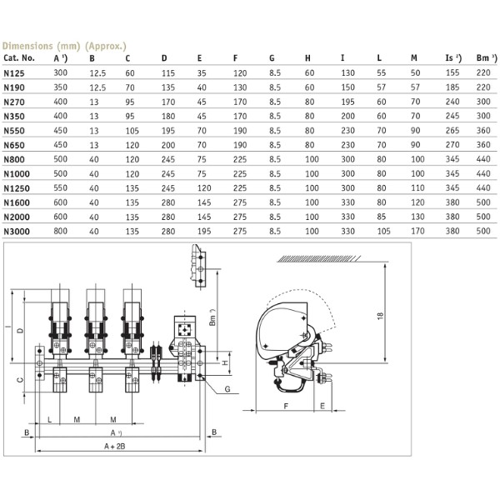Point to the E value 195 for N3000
coord(202,229)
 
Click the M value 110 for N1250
coord(415,187)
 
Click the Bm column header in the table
coord(481,58)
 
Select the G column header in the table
coord(272,58)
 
